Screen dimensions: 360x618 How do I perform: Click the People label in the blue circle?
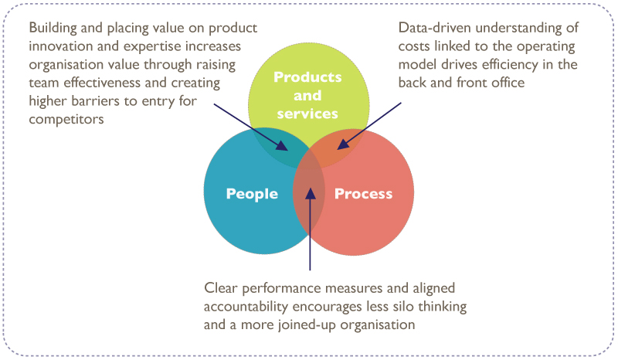(x=252, y=194)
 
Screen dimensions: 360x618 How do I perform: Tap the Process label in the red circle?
(x=363, y=194)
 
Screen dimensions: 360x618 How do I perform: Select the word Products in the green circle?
(x=307, y=77)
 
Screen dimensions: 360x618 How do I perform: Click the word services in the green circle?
(x=307, y=114)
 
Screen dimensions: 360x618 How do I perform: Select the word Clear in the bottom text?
(x=222, y=288)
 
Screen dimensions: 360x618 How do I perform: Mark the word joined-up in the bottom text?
(x=324, y=325)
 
